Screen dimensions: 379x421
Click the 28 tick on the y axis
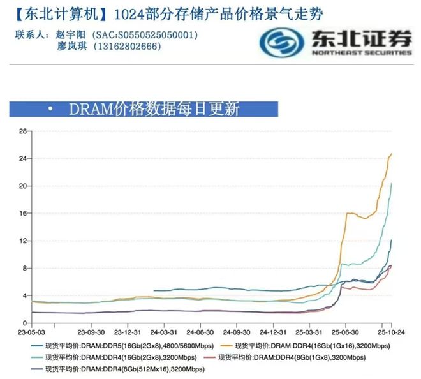click(x=23, y=131)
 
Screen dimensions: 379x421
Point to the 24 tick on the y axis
click(x=23, y=158)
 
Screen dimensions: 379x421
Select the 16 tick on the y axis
click(x=23, y=213)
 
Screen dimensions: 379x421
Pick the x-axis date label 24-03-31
click(x=163, y=332)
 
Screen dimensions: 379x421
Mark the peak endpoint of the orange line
click(x=391, y=154)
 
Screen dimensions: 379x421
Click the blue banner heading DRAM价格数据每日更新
click(x=153, y=109)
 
